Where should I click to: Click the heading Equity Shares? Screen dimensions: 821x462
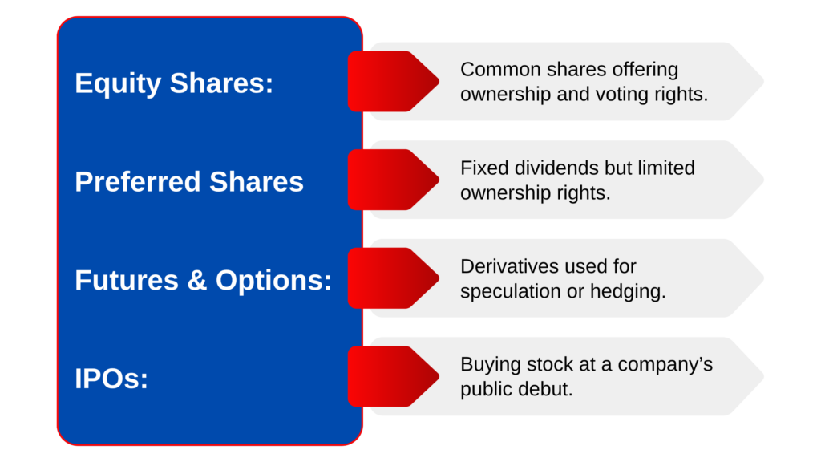coord(174,83)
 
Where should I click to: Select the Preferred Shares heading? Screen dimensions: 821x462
coord(189,182)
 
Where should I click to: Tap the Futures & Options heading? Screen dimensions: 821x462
coord(203,280)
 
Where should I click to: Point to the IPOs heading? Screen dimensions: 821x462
coord(111,379)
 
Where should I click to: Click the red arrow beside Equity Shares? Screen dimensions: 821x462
coord(393,81)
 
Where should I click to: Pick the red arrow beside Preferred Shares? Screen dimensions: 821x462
coord(393,180)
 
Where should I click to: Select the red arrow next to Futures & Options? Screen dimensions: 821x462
coord(393,278)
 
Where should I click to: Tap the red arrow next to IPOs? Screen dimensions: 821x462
coord(393,376)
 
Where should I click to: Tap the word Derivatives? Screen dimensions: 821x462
coord(507,266)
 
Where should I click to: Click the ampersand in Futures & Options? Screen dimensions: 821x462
coord(197,280)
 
